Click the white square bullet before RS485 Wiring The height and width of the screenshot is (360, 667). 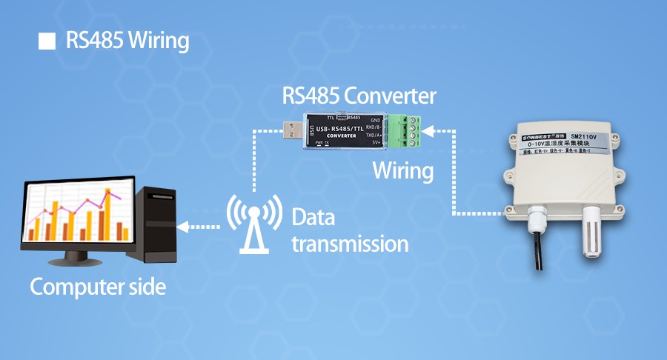click(x=47, y=41)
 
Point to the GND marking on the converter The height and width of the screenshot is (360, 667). click(x=375, y=120)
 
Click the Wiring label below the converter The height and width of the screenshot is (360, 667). click(x=402, y=170)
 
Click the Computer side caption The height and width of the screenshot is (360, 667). click(x=97, y=287)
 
